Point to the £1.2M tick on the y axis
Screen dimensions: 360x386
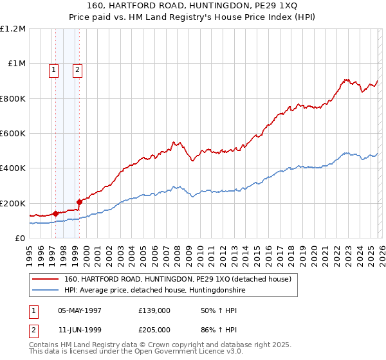pos(14,29)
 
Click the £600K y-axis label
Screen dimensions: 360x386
pos(13,134)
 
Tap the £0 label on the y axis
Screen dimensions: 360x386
pos(20,238)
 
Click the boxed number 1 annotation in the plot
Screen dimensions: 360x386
pos(53,71)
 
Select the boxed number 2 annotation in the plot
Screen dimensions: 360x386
pos(77,71)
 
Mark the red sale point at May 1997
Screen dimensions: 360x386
pos(56,213)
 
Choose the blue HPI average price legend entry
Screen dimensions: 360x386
pos(154,291)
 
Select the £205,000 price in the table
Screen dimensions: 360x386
pos(154,329)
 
